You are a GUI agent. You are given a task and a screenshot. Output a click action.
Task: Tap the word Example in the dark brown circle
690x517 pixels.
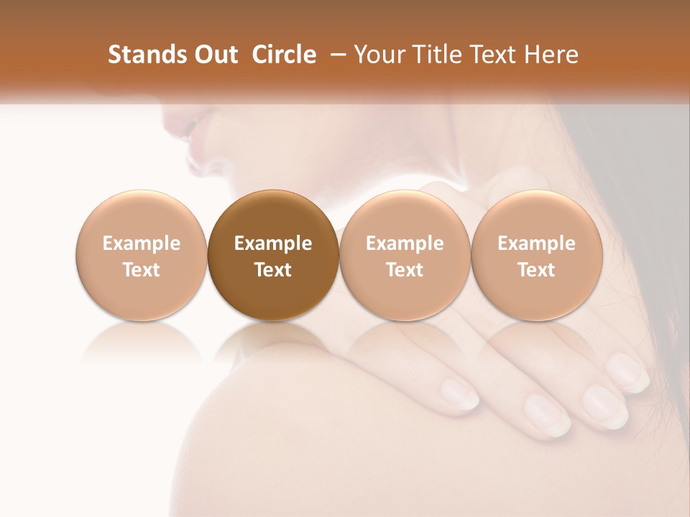(x=273, y=243)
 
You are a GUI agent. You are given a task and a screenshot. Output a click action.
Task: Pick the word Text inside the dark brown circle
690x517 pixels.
(x=273, y=270)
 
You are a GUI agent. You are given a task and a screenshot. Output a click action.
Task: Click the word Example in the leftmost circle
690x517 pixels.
(x=142, y=243)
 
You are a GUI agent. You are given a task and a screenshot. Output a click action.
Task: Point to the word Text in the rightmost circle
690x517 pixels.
(x=536, y=270)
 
